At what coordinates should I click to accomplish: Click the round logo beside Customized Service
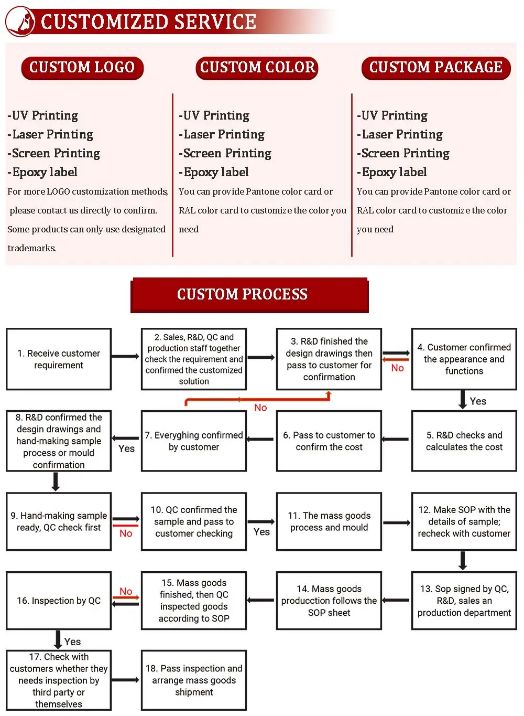click(x=20, y=22)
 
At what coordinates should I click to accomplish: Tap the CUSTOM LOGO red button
click(x=82, y=68)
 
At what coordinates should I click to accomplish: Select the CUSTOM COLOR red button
click(x=257, y=68)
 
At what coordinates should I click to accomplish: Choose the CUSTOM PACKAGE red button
click(x=436, y=68)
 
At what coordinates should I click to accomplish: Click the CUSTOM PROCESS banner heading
click(x=243, y=294)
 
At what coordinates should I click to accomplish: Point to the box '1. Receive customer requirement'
click(x=59, y=359)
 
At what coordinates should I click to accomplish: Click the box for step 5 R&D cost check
click(x=464, y=441)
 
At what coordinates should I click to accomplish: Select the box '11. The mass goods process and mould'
click(x=329, y=521)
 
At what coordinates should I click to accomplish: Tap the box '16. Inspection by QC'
click(x=59, y=601)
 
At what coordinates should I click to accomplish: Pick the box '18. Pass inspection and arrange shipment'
click(x=194, y=680)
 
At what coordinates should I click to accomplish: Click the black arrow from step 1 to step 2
click(x=126, y=357)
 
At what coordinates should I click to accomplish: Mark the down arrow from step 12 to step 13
click(x=463, y=560)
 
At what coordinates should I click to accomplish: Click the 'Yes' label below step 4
click(x=478, y=401)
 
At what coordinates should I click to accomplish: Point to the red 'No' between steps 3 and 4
click(x=397, y=368)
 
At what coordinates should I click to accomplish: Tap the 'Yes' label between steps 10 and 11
click(x=261, y=532)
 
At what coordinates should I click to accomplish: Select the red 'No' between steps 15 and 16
click(x=126, y=592)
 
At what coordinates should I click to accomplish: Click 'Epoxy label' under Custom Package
click(x=394, y=172)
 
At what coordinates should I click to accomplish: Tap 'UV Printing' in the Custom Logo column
click(x=45, y=115)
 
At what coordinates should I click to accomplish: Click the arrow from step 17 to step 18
click(x=126, y=680)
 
